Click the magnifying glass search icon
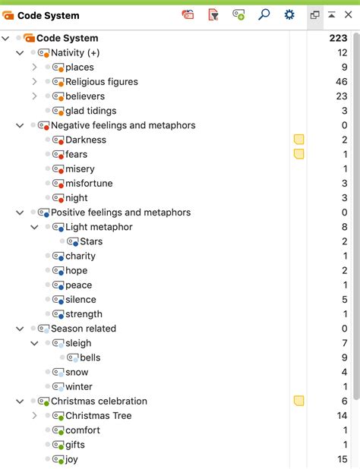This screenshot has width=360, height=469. click(x=264, y=14)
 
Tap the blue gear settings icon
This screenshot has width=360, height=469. click(x=289, y=14)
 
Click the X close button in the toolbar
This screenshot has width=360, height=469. click(x=348, y=14)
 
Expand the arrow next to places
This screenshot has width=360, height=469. click(x=34, y=67)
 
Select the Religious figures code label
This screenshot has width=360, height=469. click(x=102, y=82)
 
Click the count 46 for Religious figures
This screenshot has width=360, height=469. click(x=341, y=82)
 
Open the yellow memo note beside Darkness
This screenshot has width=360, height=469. click(x=298, y=140)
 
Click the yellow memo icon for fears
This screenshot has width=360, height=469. click(x=298, y=154)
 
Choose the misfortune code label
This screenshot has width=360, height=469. click(x=89, y=183)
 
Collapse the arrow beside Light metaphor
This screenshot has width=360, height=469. click(x=34, y=227)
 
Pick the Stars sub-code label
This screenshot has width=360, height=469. click(x=91, y=241)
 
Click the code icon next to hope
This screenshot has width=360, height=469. click(x=58, y=271)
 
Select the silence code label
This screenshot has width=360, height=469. click(x=81, y=300)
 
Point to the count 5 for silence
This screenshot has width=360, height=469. click(x=345, y=300)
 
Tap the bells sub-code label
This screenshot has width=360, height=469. click(x=90, y=357)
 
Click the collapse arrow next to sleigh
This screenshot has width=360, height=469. click(x=34, y=343)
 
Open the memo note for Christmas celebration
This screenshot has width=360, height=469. click(x=298, y=401)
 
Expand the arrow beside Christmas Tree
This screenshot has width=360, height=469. click(x=34, y=415)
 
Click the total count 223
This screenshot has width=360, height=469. click(x=338, y=38)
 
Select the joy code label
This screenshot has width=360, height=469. click(x=71, y=459)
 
